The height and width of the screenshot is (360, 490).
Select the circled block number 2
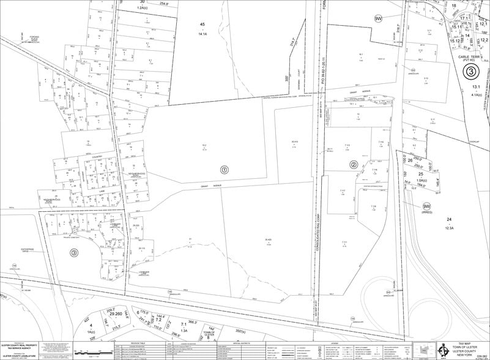click(x=354, y=164)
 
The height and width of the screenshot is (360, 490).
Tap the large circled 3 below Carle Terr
click(x=470, y=72)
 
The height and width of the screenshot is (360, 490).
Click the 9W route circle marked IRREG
click(x=426, y=207)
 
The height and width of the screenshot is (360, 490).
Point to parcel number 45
click(x=202, y=24)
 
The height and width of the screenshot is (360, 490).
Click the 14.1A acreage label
click(x=202, y=34)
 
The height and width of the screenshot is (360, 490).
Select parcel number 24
click(x=450, y=219)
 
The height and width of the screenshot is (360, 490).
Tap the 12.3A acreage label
click(x=450, y=228)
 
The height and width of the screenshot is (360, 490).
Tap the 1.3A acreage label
click(x=184, y=331)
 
